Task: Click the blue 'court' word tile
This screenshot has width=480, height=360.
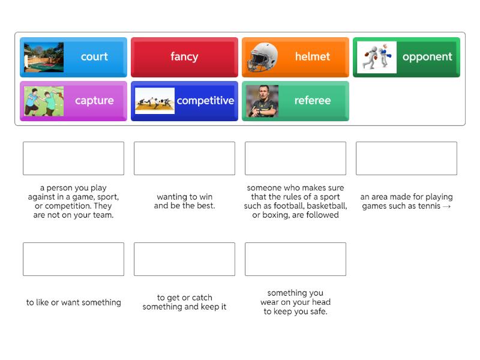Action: (x=73, y=57)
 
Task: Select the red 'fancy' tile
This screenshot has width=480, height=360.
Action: (x=184, y=57)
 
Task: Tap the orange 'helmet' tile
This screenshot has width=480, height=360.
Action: (x=295, y=57)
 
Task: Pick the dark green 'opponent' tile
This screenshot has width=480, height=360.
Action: (x=406, y=57)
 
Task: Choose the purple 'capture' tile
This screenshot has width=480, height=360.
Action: (x=73, y=101)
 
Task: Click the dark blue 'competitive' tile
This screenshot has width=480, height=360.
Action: (x=184, y=101)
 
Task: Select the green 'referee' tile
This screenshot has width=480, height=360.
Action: (x=295, y=101)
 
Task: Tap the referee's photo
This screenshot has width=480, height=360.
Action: (x=262, y=101)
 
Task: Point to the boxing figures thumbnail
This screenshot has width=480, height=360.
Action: (x=376, y=57)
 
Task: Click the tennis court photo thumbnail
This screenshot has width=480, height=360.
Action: (x=44, y=57)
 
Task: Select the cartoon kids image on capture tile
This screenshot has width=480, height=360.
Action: (x=44, y=101)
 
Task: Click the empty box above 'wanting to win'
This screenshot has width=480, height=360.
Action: (x=184, y=158)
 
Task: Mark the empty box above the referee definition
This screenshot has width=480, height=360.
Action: (x=295, y=158)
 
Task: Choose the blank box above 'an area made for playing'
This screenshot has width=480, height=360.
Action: (x=406, y=158)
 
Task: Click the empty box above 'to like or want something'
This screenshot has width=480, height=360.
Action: (x=73, y=259)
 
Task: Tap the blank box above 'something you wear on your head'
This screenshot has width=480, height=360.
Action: (x=295, y=259)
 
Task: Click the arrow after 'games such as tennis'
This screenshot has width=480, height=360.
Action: (x=446, y=206)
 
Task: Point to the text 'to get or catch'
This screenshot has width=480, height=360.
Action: (x=184, y=298)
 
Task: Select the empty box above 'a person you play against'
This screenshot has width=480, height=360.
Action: (x=73, y=158)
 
